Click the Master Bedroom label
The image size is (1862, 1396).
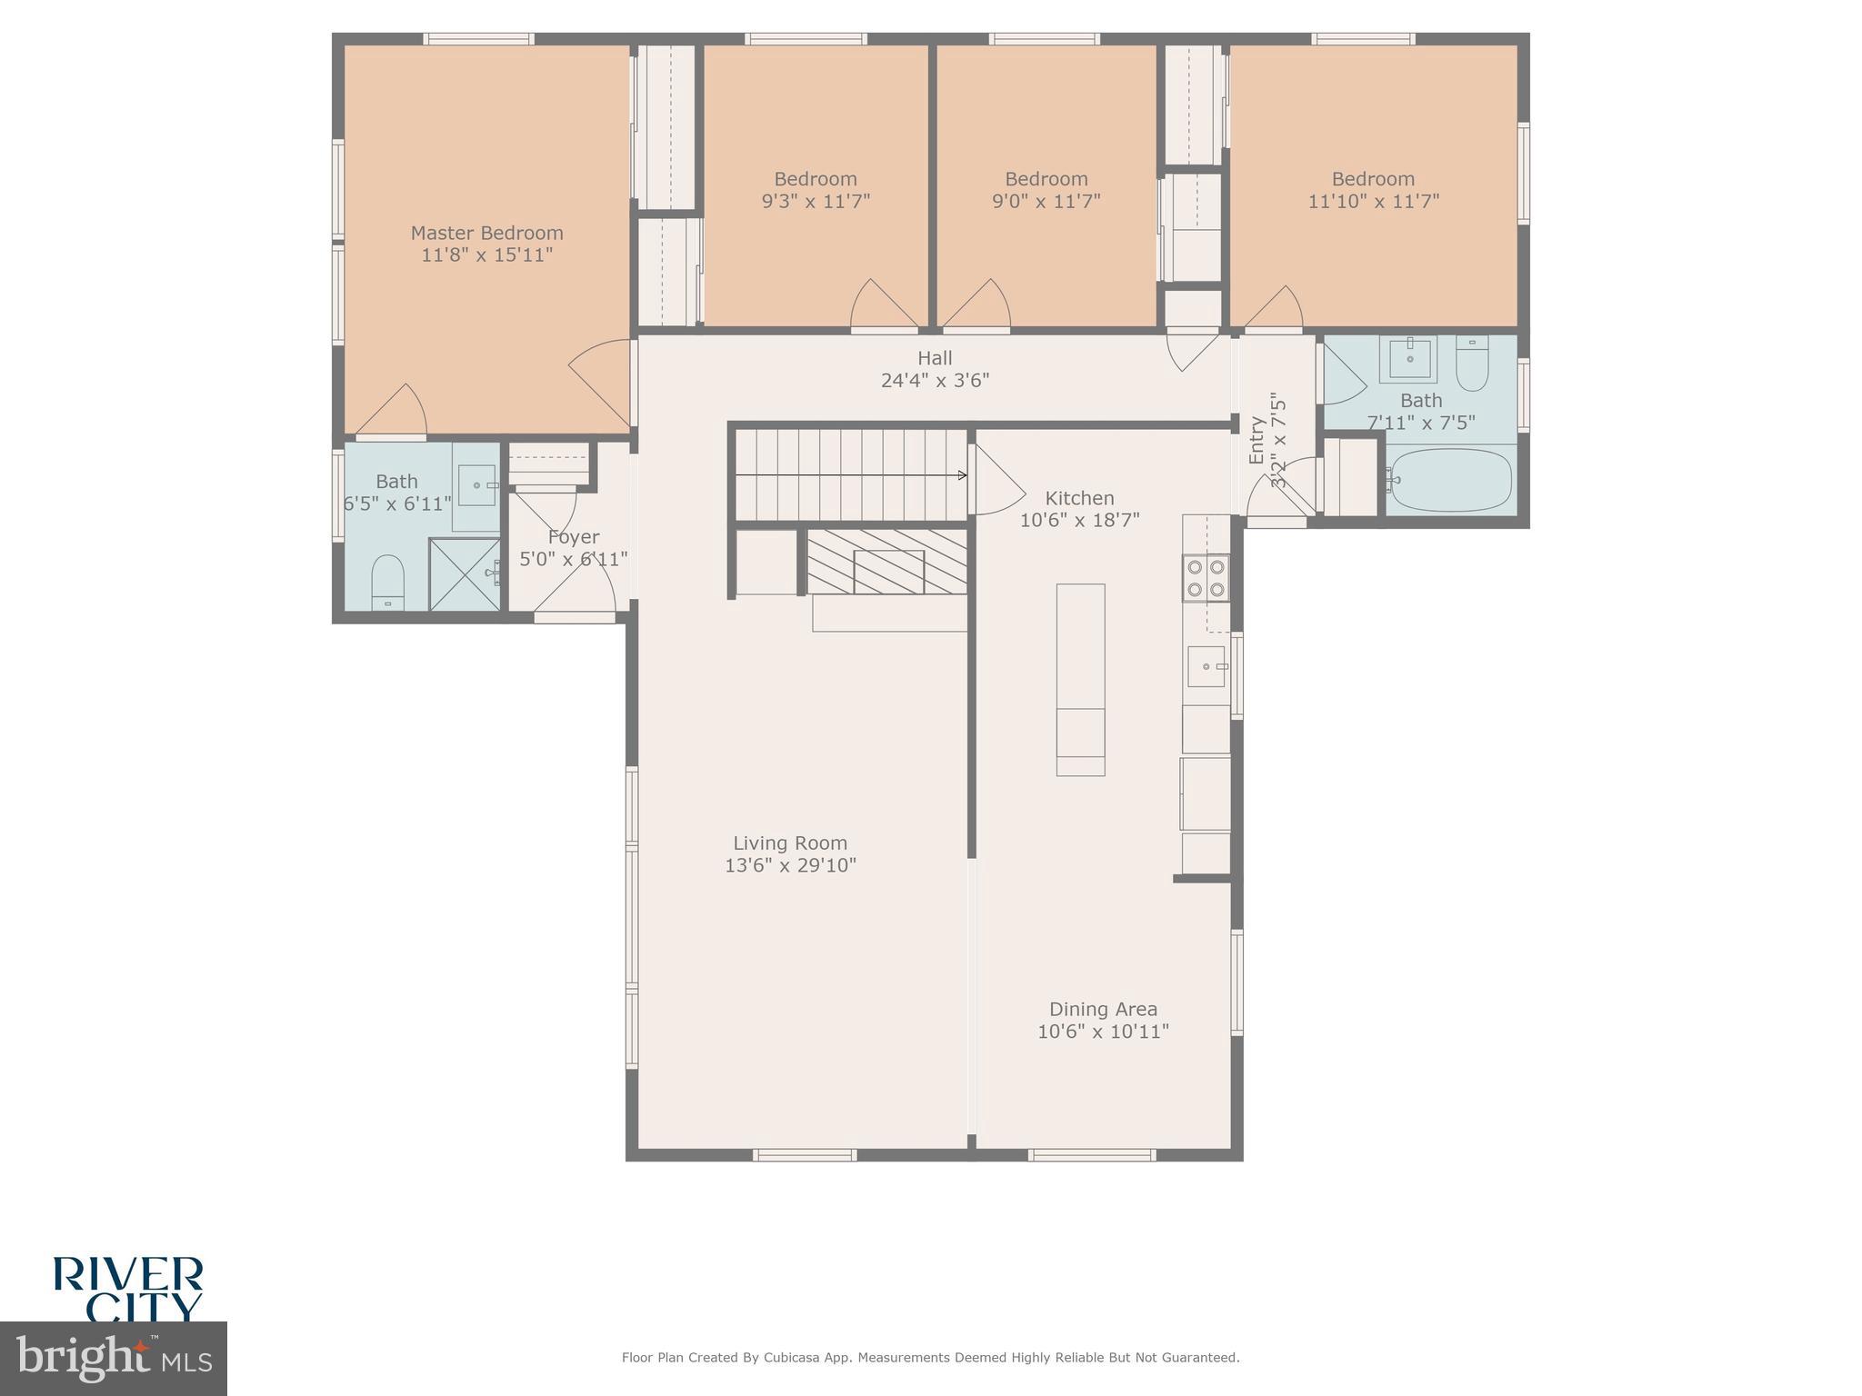tap(486, 234)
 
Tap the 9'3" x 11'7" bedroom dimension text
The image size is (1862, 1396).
tap(816, 202)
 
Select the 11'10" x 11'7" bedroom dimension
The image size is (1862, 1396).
tap(1373, 202)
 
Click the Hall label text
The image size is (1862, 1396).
tap(935, 358)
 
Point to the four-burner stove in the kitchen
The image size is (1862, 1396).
tap(1206, 578)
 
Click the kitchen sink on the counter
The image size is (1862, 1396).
tap(1206, 666)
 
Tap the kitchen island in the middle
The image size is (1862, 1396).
tap(1080, 679)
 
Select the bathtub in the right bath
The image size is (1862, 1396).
tap(1450, 480)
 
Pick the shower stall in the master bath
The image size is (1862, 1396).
tap(464, 573)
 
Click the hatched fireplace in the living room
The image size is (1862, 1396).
tap(886, 563)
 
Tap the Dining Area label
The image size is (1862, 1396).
tap(1103, 1009)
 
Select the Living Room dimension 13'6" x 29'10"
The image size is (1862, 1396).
tap(790, 865)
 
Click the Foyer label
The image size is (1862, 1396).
tap(573, 537)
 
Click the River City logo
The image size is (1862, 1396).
tap(127, 1287)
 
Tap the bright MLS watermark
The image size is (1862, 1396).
tap(114, 1358)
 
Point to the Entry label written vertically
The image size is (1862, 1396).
tap(1256, 440)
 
